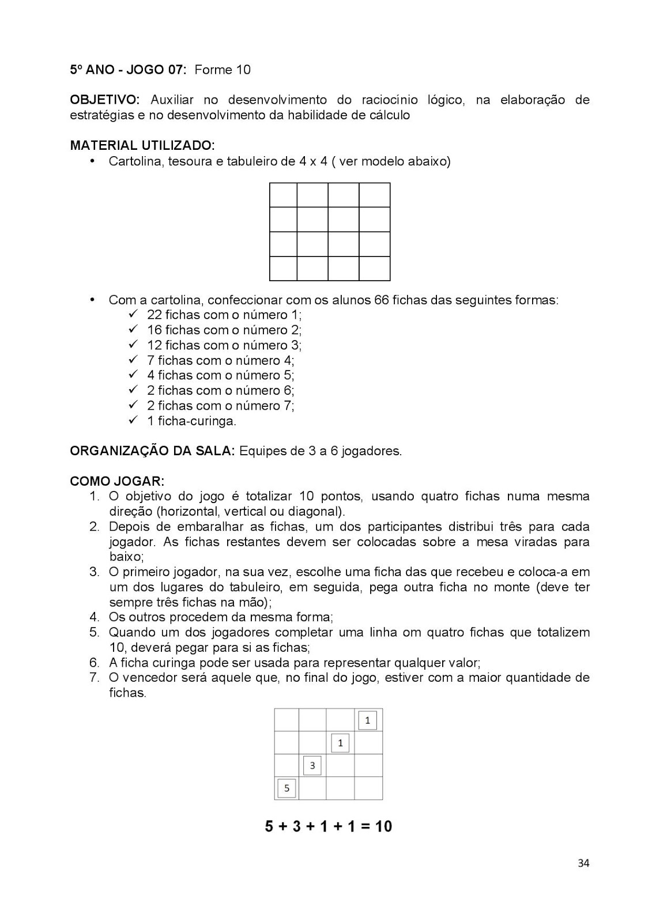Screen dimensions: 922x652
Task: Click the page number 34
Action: coord(583,863)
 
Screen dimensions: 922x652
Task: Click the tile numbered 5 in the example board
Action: coord(287,788)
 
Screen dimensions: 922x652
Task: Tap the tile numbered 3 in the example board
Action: coord(312,765)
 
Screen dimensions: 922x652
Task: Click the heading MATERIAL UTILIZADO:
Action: coord(142,145)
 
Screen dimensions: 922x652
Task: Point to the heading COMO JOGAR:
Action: coord(117,481)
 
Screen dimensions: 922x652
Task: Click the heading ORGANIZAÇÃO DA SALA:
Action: coord(152,451)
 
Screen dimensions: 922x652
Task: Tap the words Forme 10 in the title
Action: coord(223,70)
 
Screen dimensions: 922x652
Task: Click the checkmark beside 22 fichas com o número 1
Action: coord(133,314)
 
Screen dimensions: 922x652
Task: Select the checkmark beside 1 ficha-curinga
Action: coord(133,420)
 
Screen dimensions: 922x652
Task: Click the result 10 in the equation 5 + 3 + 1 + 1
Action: coord(383,826)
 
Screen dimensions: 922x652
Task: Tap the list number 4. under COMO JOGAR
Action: coord(95,617)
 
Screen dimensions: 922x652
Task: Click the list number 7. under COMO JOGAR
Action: coord(95,677)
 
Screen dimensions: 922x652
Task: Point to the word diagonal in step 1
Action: coord(317,511)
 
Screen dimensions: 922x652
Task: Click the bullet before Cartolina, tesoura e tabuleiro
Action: coord(92,161)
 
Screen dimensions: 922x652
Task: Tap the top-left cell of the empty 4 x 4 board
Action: coord(283,195)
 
